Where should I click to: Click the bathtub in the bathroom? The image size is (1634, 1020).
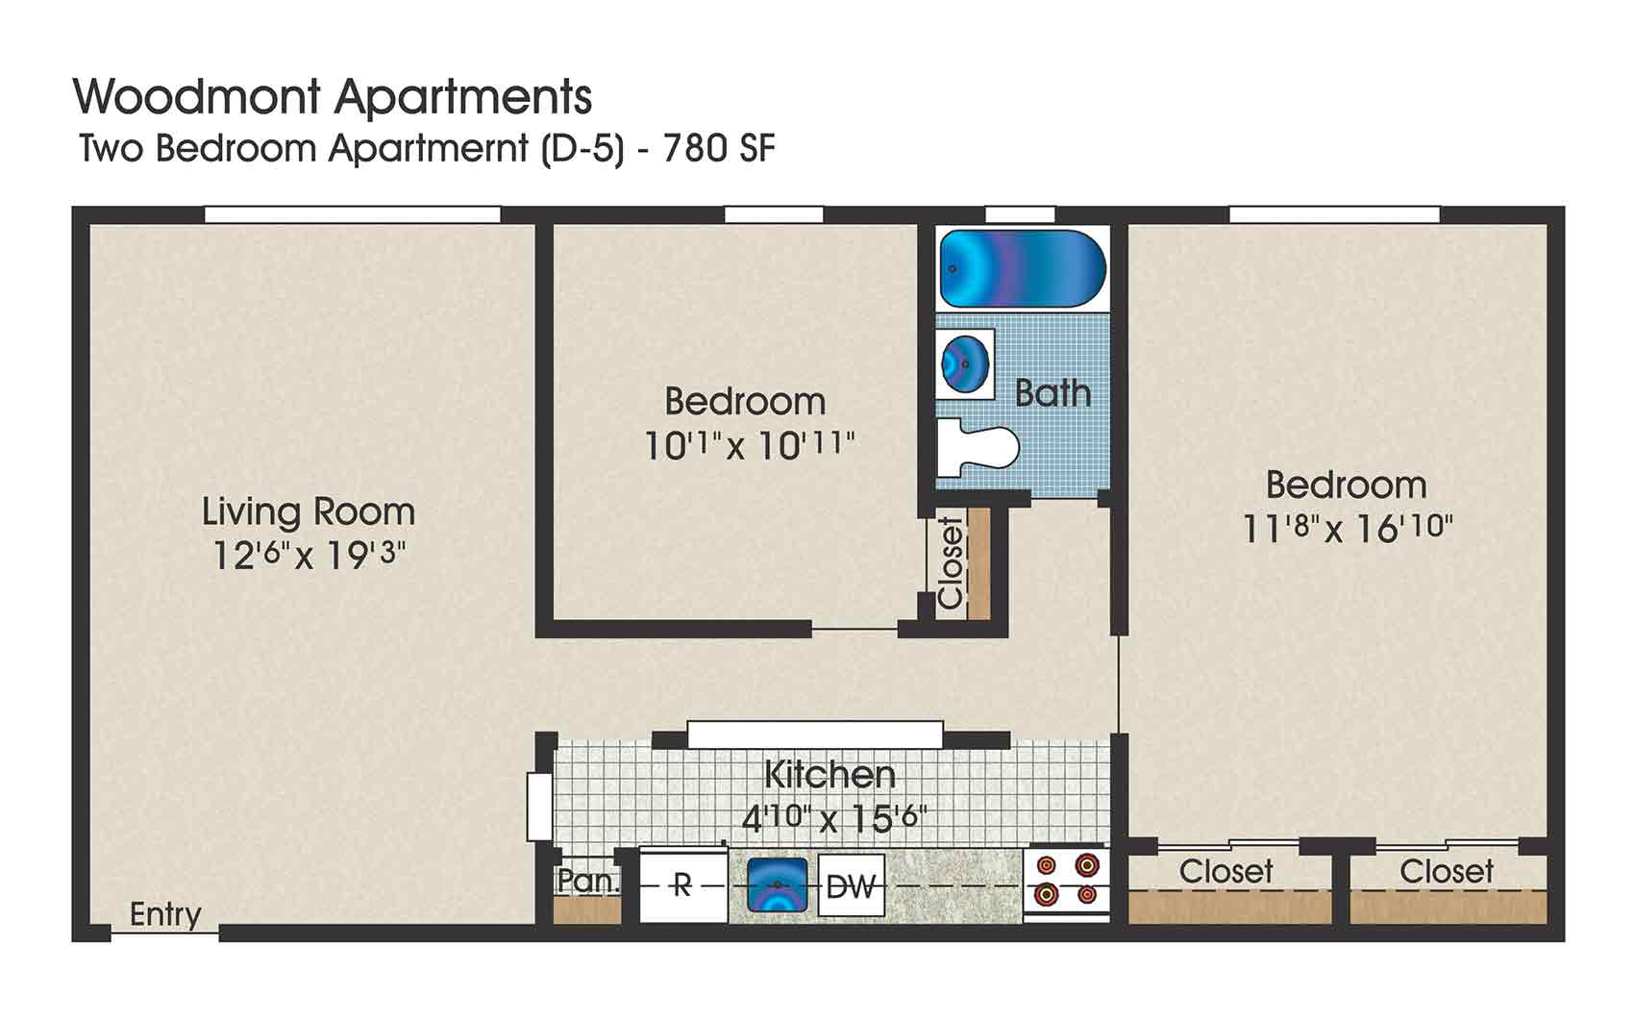tap(1023, 268)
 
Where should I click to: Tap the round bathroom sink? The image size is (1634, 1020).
tap(965, 363)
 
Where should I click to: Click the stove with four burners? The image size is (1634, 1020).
tap(1066, 881)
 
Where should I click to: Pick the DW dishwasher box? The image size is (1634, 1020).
tap(851, 885)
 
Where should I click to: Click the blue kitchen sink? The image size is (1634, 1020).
tap(777, 884)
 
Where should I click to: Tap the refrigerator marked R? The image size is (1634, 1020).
tap(682, 884)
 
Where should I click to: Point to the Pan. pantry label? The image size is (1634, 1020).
tap(588, 881)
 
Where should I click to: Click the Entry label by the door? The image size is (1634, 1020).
tap(165, 914)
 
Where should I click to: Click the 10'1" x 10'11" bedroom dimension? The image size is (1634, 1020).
tap(748, 446)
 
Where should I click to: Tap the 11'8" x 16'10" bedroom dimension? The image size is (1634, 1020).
tap(1347, 529)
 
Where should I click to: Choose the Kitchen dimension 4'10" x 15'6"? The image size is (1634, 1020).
tap(833, 818)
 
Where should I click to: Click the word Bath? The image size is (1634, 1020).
tap(1053, 393)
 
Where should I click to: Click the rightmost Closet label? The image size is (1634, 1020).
tap(1446, 872)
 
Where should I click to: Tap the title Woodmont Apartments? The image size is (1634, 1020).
tap(333, 96)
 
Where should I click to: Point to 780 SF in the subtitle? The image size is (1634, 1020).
tap(719, 149)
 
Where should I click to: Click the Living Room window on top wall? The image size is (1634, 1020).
tap(353, 214)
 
